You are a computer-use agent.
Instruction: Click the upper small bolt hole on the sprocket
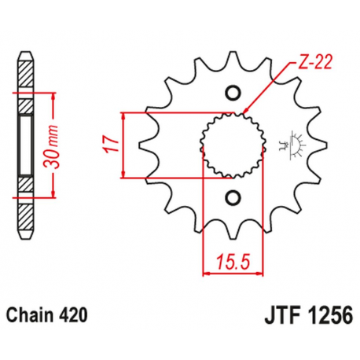231,93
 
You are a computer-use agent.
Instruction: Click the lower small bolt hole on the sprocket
231,197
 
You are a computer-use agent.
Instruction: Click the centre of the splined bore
230,145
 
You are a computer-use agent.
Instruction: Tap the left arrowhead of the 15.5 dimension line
208,274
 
